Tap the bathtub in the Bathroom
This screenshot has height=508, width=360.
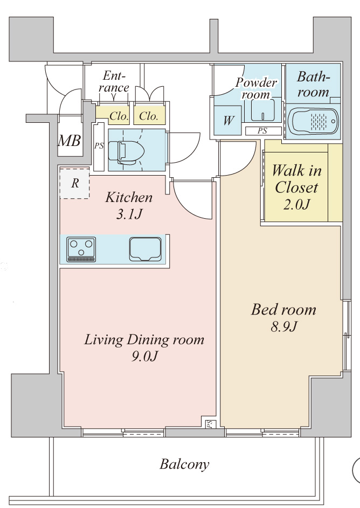[x=313, y=121]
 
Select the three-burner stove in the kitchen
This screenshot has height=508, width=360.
[x=81, y=249]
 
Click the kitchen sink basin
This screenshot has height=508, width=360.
[x=146, y=249]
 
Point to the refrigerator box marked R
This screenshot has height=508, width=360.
[x=74, y=183]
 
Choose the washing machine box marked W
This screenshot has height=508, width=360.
[x=228, y=120]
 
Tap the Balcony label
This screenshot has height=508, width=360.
[x=184, y=464]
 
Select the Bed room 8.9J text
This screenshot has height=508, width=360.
[x=283, y=317]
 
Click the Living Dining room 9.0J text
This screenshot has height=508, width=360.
[x=144, y=347]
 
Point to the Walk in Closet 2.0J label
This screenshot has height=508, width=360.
[x=296, y=187]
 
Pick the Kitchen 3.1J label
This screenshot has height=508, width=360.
[x=128, y=205]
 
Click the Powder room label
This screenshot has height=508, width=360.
[x=257, y=88]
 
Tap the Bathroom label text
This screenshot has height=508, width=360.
[x=313, y=84]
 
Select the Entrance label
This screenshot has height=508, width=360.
[x=115, y=81]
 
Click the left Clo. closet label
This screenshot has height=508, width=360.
[x=118, y=116]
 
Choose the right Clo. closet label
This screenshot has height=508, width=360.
[x=149, y=116]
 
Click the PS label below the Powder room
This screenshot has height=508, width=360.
[x=262, y=130]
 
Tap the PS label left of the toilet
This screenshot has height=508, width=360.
[x=99, y=146]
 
